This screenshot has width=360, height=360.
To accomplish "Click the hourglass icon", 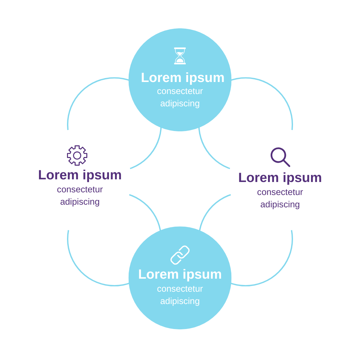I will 180,56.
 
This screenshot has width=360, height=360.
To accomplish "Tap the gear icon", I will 77,155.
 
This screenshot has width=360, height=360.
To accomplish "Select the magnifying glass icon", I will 280,157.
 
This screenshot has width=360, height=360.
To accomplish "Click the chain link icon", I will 180,255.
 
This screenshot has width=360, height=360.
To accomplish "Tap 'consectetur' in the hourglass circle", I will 180,91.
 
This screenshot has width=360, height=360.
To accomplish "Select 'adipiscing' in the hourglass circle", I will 180,104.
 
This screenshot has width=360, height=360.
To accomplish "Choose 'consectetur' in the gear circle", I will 80,189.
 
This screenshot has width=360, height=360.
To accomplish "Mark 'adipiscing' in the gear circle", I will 80,202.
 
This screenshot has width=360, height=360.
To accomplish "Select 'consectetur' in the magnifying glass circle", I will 280,192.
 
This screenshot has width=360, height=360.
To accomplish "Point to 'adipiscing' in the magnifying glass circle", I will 280,205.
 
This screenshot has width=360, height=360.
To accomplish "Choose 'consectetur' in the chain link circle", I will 180,289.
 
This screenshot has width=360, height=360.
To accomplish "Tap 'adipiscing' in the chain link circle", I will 180,301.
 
